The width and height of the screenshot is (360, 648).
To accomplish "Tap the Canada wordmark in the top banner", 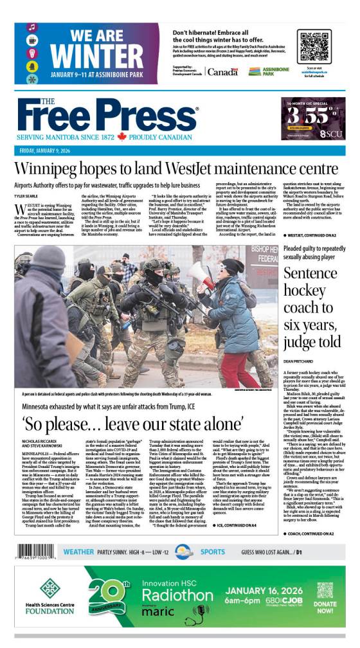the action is pos(222,72).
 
